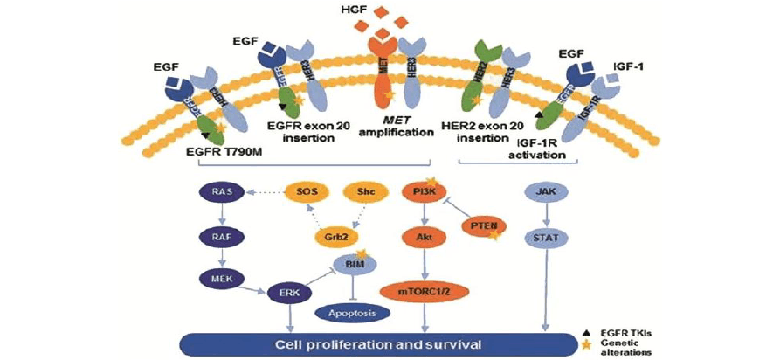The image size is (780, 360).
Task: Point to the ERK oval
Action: point(286,294)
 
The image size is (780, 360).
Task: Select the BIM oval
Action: point(354,261)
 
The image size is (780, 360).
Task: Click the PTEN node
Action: point(483,227)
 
